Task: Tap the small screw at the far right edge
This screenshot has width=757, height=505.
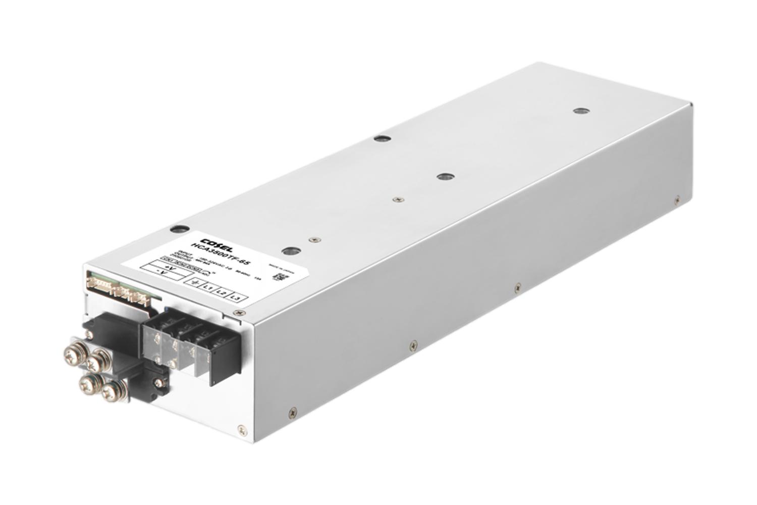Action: pyautogui.click(x=677, y=200)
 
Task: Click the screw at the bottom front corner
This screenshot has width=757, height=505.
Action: pyautogui.click(x=243, y=431)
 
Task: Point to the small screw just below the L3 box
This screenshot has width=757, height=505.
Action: pyautogui.click(x=235, y=314)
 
